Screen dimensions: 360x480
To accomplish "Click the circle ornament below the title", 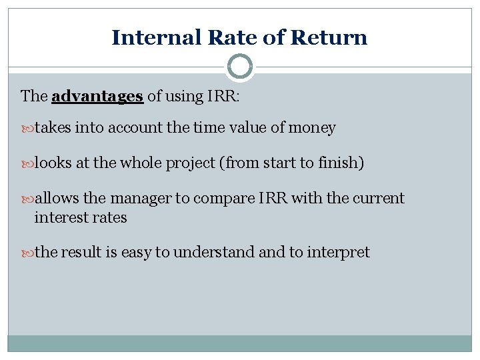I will click(x=240, y=67).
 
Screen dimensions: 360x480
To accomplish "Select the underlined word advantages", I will click(x=97, y=96).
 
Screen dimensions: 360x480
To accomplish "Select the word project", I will click(x=190, y=163).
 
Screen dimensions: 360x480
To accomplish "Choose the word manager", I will click(x=138, y=199).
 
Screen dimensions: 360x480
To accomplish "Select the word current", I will click(x=379, y=199).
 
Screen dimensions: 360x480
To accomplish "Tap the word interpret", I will click(x=338, y=253).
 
